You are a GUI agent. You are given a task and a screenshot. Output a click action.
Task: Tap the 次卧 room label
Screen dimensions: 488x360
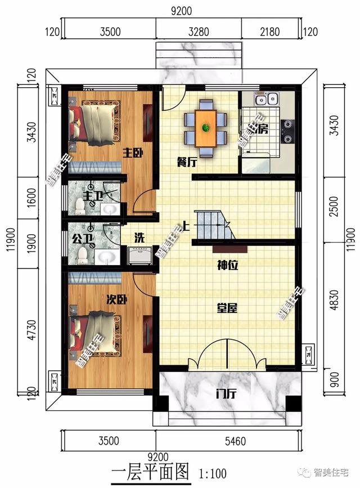click(x=117, y=300)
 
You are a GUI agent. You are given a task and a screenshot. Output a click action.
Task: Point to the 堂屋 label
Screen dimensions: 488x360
click(x=227, y=308)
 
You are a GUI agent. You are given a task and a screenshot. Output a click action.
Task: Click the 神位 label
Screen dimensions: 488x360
click(x=227, y=265)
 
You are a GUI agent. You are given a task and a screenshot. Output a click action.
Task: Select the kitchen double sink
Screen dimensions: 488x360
click(x=261, y=100)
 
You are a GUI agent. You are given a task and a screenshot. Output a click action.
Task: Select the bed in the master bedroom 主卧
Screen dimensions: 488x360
click(x=94, y=122)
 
